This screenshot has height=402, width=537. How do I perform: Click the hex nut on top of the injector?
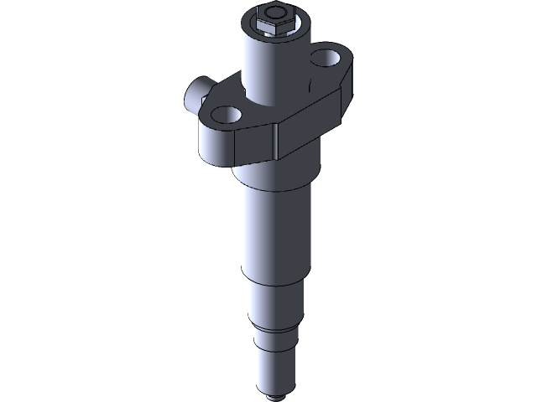pos(268,28)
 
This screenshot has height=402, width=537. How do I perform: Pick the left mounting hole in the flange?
pos(224,115)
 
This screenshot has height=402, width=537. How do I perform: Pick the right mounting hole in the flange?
pos(322,60)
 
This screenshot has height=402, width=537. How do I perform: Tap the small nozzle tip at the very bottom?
pos(276,394)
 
